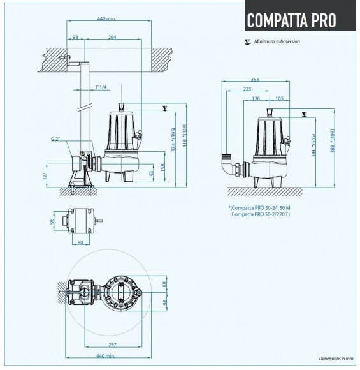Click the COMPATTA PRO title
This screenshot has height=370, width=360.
(x=291, y=19)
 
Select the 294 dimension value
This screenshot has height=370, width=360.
(x=113, y=38)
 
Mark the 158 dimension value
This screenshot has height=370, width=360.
(x=163, y=167)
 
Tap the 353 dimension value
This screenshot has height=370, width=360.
(x=255, y=80)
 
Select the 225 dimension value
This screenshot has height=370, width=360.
(x=247, y=89)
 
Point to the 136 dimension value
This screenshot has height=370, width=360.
(x=256, y=98)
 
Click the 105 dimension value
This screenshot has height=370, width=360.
(x=279, y=98)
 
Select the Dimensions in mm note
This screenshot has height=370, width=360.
(x=335, y=359)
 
